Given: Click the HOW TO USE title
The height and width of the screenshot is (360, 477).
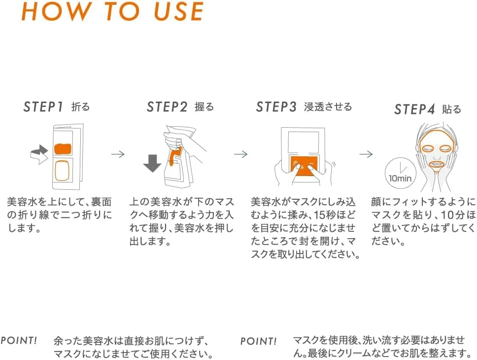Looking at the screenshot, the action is coord(112,11).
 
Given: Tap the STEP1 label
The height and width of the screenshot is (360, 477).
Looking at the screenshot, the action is coord(43,107).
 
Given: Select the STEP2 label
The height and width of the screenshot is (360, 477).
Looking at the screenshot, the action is coord(167,107).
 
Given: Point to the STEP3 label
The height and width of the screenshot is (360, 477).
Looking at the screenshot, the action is coord(276,107).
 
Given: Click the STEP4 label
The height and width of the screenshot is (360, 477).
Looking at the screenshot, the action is coord(414,109).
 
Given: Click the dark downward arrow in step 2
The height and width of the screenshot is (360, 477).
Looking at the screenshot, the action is coord(152,163).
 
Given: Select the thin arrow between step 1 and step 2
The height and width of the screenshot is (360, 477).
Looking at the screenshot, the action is coord(118,154).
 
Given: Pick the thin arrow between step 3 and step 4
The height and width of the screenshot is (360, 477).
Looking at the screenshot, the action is coord(366,154).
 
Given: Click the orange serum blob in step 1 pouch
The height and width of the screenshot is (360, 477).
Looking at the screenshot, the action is coord(63,148).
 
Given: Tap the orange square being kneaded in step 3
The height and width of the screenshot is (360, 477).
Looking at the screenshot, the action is coord(304,166).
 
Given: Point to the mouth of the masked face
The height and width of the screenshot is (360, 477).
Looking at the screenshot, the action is coord(437,165).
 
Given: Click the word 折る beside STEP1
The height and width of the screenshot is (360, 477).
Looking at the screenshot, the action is coord(81,107).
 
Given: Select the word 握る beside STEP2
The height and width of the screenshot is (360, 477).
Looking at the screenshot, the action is coord(204,107).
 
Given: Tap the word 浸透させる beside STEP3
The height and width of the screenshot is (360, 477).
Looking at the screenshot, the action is coord(328,107).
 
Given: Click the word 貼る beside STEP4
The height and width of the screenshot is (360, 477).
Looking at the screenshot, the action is coord(452,109).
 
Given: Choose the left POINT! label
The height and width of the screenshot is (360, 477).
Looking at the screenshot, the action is coord(19,340).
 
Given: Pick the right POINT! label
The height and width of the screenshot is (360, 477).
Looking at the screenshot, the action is coord(259,341).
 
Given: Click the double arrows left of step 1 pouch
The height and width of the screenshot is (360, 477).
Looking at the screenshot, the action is coord(39,154).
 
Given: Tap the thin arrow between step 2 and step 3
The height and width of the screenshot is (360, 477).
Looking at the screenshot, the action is coord(241,154).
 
